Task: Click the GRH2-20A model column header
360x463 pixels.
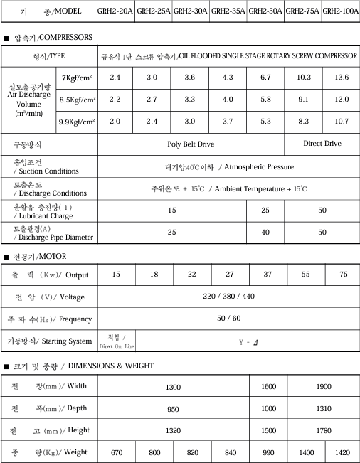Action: (115, 11)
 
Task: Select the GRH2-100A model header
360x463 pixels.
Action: (341, 11)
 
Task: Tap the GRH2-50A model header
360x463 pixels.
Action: (265, 11)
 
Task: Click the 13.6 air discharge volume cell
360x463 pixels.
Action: (341, 76)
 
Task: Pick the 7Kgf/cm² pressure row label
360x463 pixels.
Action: (78, 77)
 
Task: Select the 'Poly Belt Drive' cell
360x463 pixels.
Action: (190, 144)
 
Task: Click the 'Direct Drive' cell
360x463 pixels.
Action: (322, 144)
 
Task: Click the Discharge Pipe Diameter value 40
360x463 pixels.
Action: (265, 232)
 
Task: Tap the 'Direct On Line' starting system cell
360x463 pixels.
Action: (116, 341)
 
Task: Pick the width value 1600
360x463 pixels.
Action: (268, 386)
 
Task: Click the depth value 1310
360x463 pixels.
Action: (324, 408)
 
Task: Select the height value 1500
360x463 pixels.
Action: (268, 430)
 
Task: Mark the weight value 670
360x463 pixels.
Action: (117, 452)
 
